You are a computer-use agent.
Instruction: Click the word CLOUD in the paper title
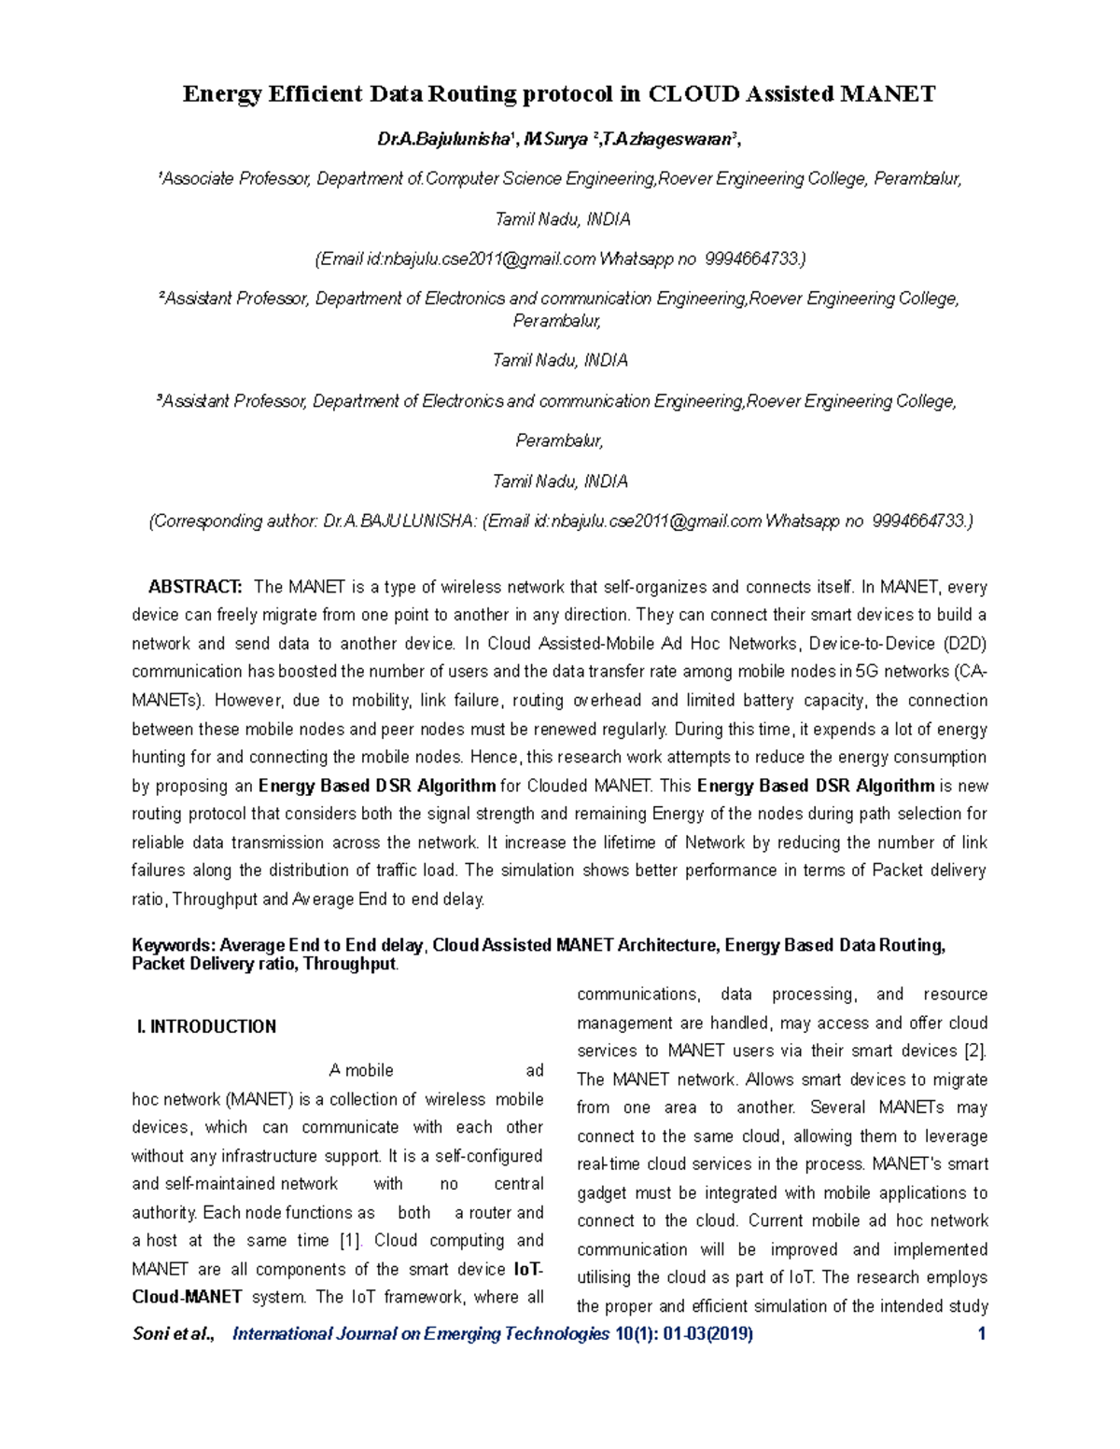click(x=693, y=94)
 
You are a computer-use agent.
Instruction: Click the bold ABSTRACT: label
click(x=195, y=587)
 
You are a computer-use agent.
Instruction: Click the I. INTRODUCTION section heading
click(x=206, y=1026)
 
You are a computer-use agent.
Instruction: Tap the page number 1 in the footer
click(x=981, y=1333)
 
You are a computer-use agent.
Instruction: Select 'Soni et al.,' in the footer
click(x=174, y=1333)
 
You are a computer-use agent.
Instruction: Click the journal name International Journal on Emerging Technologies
click(x=420, y=1333)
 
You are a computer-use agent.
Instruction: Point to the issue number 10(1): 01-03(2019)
click(x=684, y=1333)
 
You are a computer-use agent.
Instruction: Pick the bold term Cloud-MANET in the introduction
click(x=187, y=1297)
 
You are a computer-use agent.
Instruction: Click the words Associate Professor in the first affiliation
click(x=234, y=179)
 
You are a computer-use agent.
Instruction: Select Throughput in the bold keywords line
click(x=350, y=964)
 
